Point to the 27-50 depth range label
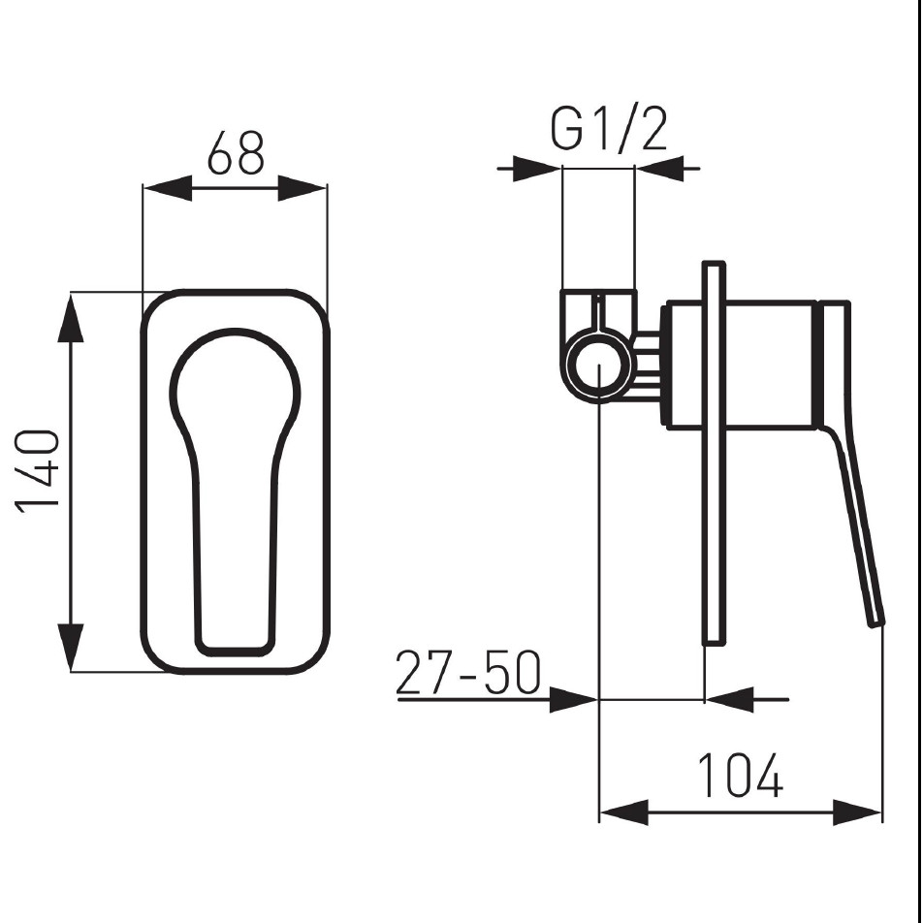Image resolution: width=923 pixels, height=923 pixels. tap(468, 672)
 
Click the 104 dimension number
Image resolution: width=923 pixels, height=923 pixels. tap(740, 775)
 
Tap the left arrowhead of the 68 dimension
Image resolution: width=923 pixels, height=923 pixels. tap(168, 188)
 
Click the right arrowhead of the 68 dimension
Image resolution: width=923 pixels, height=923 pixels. tap(302, 188)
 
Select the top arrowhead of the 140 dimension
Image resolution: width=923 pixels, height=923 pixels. tap(71, 318)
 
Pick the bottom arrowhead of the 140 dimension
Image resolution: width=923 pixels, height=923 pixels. tap(71, 647)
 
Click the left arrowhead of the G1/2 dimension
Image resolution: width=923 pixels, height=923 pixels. tap(537, 169)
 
